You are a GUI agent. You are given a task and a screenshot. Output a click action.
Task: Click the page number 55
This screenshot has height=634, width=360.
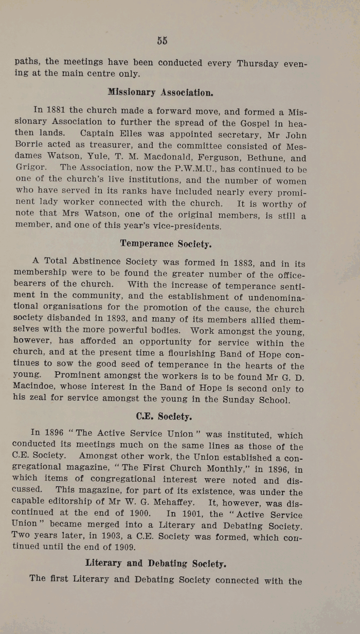(x=163, y=41)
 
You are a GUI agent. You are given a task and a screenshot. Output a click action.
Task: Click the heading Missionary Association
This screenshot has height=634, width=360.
(x=160, y=93)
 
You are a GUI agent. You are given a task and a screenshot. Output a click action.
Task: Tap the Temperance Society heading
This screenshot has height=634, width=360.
(x=161, y=243)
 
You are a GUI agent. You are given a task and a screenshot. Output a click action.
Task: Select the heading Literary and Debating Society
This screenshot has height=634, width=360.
(x=155, y=563)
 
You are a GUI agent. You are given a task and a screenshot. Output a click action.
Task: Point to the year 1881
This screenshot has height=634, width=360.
(x=57, y=110)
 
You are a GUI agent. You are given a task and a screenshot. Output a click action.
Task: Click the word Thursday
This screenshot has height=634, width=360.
(x=257, y=64)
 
